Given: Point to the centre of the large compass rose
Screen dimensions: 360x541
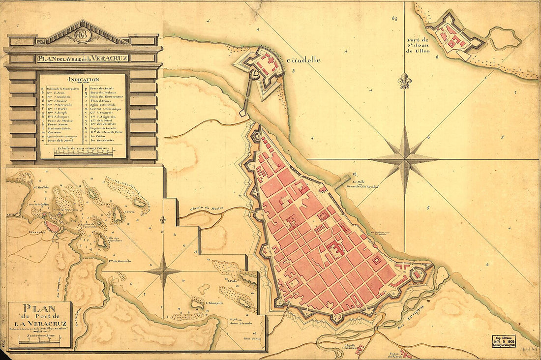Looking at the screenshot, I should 404,159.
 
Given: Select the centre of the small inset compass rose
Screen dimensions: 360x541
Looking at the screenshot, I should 164,271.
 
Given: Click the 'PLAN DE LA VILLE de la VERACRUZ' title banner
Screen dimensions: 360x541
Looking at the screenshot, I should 82,58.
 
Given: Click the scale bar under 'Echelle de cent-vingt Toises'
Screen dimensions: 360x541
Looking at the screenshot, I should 83,153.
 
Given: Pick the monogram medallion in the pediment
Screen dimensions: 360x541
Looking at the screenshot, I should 82,35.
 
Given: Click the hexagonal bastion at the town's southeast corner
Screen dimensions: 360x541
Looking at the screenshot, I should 420,273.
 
